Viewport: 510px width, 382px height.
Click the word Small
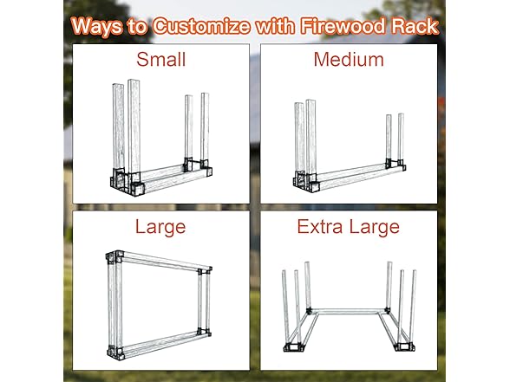click(x=161, y=60)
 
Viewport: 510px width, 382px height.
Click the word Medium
click(x=349, y=60)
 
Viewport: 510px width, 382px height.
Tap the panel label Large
click(x=160, y=227)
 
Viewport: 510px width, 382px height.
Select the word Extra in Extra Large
click(x=320, y=227)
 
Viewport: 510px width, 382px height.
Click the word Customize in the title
click(x=201, y=26)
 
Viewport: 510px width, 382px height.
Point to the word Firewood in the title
click(x=343, y=26)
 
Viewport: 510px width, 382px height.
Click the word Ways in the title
click(x=96, y=26)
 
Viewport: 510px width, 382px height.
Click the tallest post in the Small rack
click(x=134, y=126)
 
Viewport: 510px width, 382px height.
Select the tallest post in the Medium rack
click(x=311, y=137)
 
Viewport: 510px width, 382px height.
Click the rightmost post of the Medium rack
click(x=401, y=137)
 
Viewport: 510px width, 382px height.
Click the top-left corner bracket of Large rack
click(x=114, y=257)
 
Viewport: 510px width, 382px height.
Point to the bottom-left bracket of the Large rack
click(x=115, y=352)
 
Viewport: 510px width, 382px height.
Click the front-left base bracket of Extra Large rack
click(x=293, y=347)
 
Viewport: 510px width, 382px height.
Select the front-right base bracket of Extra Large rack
click(x=404, y=347)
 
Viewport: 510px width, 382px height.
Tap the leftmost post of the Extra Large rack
click(x=285, y=308)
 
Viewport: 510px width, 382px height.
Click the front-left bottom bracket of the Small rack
click(x=138, y=189)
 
